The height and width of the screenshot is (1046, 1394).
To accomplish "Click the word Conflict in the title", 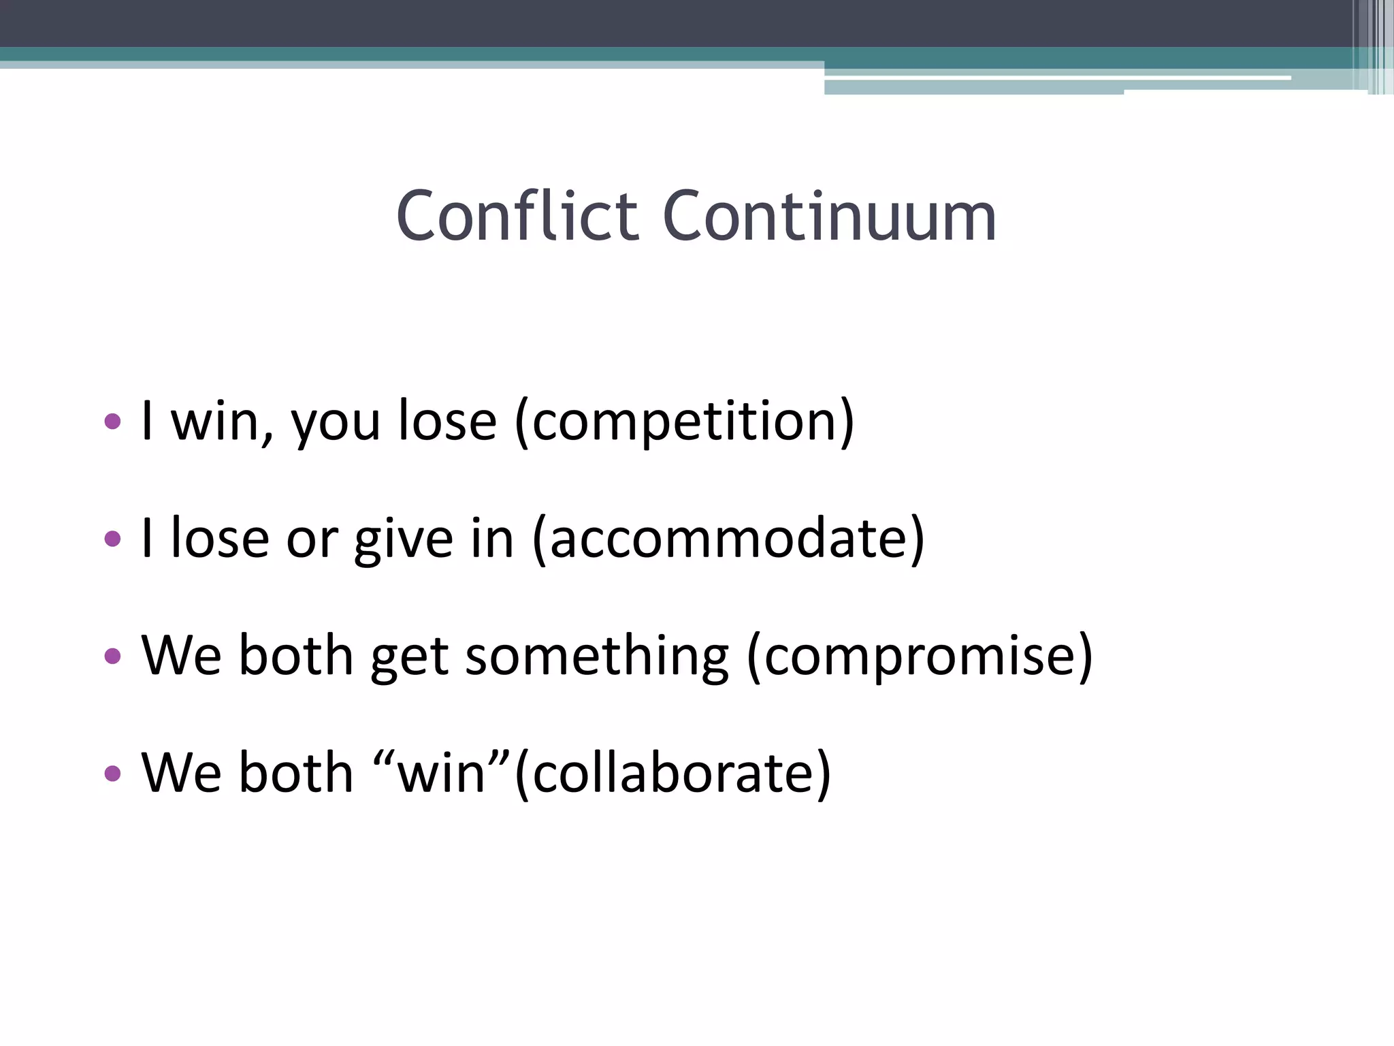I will (517, 217).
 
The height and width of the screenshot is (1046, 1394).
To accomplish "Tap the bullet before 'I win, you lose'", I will (113, 421).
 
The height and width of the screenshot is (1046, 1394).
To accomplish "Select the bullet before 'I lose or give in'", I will (113, 539).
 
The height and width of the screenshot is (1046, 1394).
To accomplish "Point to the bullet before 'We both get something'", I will (113, 656).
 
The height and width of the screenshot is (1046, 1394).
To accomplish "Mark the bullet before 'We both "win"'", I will (113, 773).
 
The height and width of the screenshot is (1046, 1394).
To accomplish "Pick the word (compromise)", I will (920, 656).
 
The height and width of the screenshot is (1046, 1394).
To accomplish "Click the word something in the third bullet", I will (596, 656).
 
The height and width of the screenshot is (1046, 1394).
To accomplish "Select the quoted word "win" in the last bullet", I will (442, 774).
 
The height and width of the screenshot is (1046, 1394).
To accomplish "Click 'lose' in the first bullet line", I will (447, 421).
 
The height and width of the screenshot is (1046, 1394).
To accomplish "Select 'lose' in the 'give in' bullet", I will (219, 539).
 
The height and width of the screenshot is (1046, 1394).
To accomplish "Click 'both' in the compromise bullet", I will (295, 655).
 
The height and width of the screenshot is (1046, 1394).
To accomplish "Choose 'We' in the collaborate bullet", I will (181, 773).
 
